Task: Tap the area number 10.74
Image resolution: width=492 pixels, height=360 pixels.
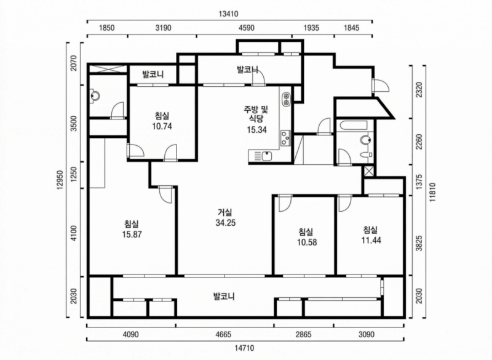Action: tap(162, 125)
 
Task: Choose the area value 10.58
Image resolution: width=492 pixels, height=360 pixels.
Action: tap(306, 242)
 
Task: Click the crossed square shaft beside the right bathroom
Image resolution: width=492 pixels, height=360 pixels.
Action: tap(368, 172)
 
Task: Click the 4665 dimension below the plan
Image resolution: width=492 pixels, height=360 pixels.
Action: tap(224, 335)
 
